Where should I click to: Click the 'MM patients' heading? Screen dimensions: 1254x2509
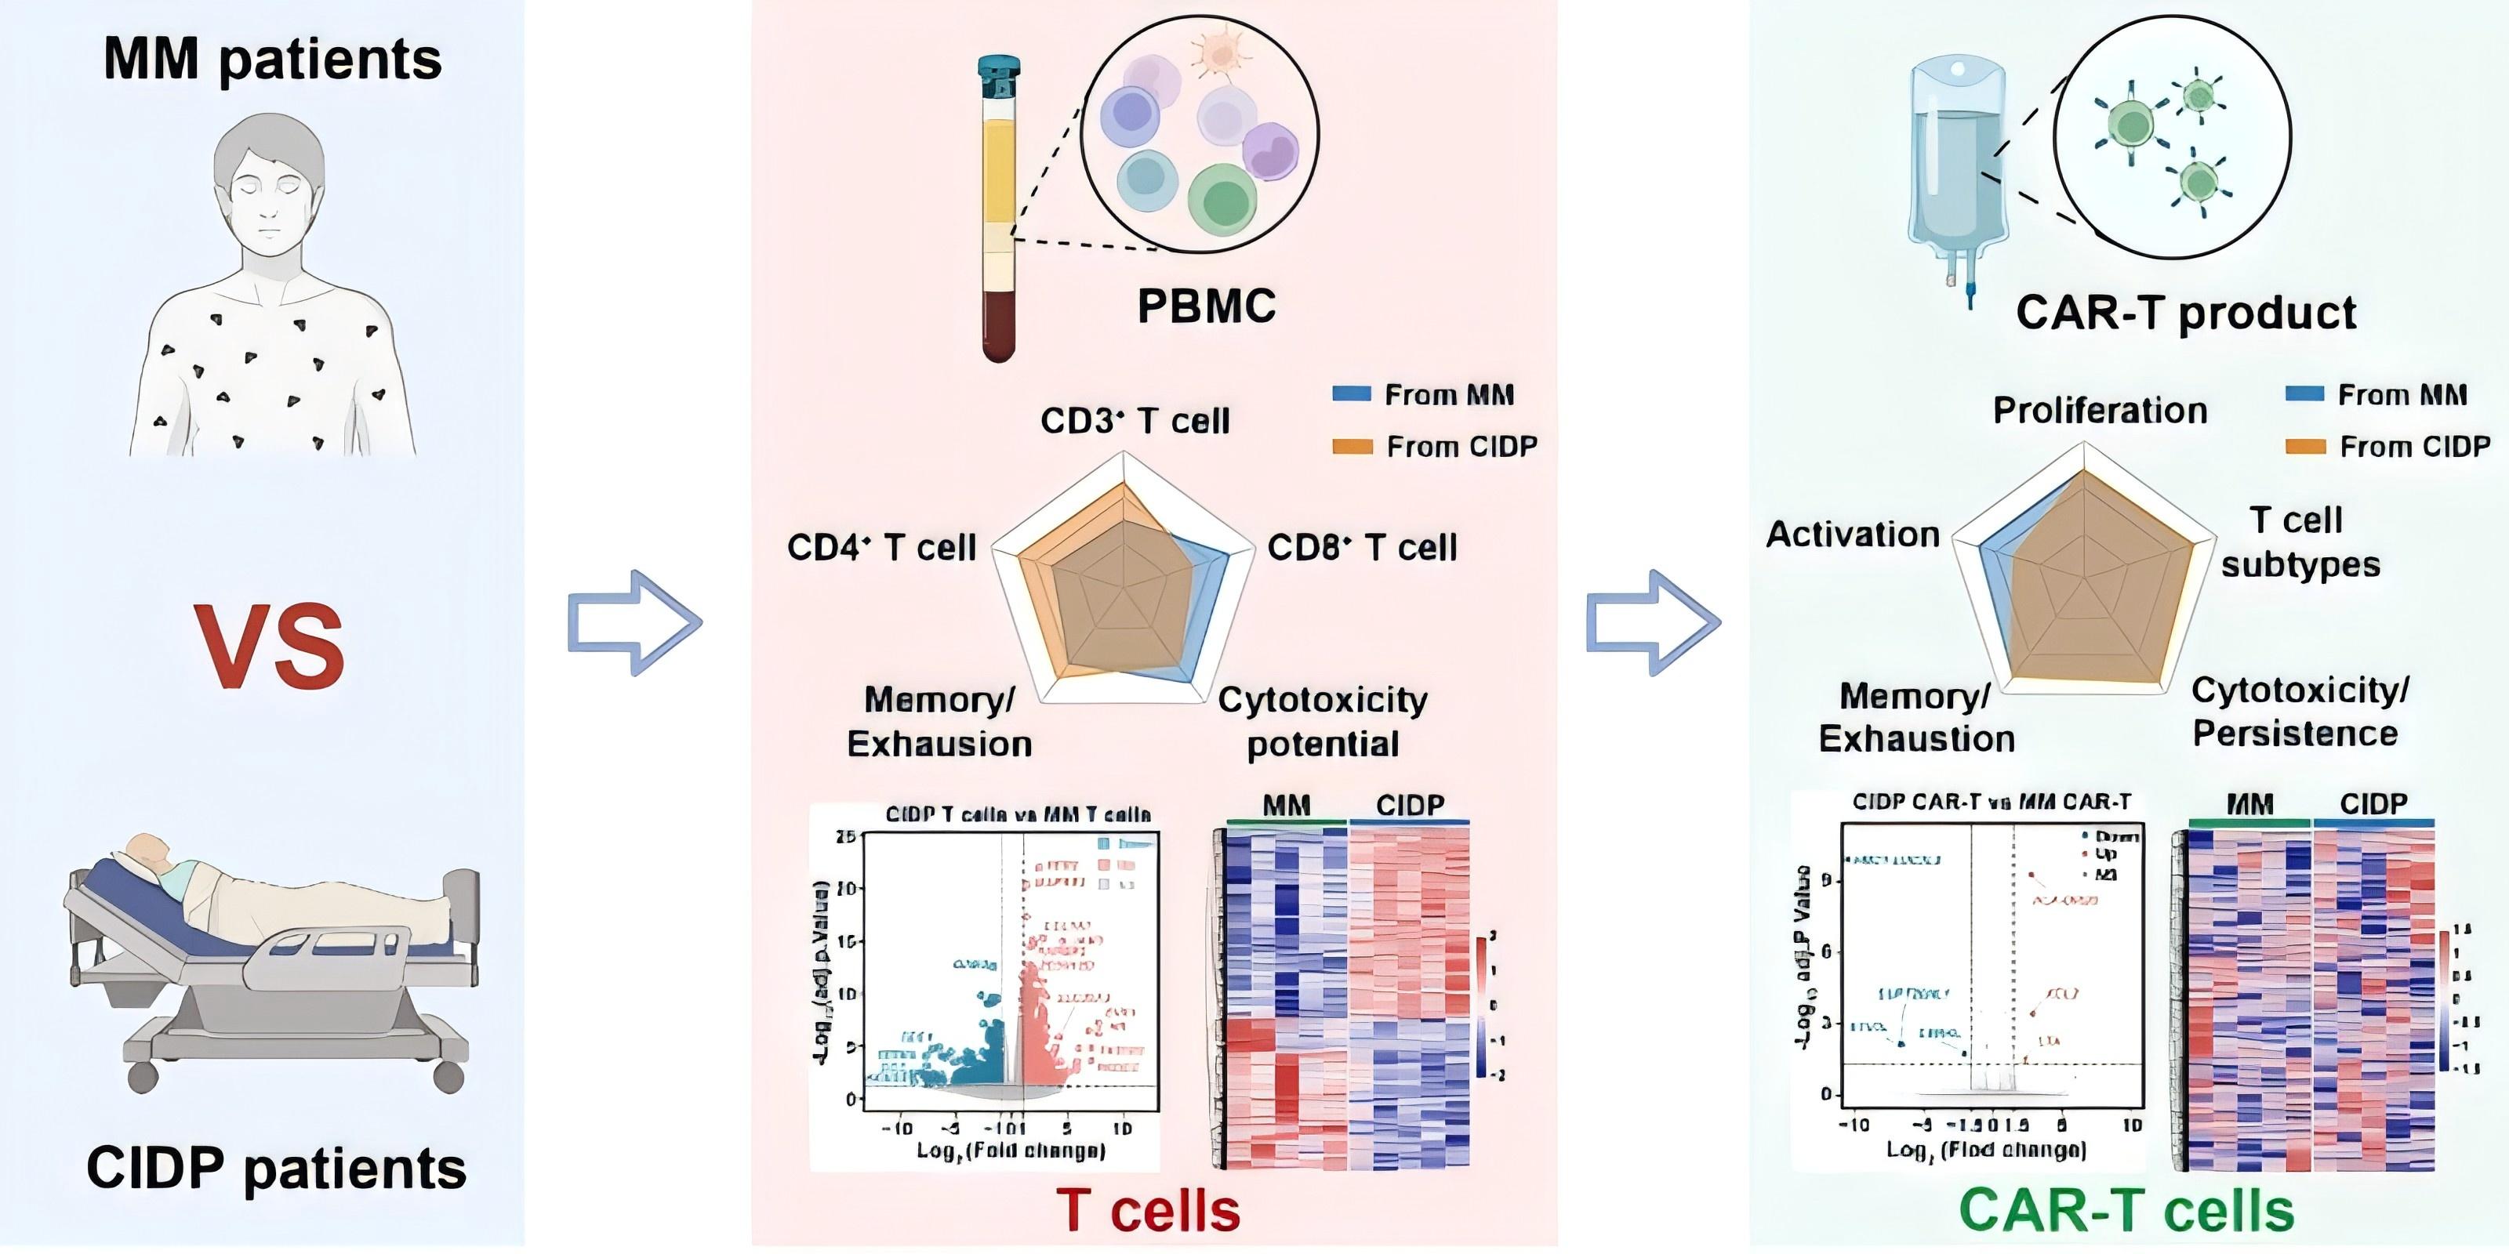pyautogui.click(x=272, y=60)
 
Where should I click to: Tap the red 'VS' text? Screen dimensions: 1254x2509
pyautogui.click(x=269, y=647)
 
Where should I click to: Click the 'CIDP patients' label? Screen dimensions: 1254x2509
pyautogui.click(x=277, y=1169)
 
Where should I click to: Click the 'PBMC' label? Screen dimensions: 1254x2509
pyautogui.click(x=1206, y=306)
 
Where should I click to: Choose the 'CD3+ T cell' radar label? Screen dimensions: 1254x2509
pyautogui.click(x=1135, y=421)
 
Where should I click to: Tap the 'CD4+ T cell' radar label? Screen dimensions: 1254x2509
pyautogui.click(x=881, y=547)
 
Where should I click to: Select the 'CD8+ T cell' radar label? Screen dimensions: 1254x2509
pyautogui.click(x=1362, y=547)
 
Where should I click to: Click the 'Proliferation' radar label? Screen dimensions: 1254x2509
pyautogui.click(x=2100, y=410)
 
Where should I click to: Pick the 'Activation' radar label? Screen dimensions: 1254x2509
pyautogui.click(x=1853, y=535)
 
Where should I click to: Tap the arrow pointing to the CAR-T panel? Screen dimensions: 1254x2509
pyautogui.click(x=1653, y=623)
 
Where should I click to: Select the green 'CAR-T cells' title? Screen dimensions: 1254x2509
pyautogui.click(x=2126, y=1211)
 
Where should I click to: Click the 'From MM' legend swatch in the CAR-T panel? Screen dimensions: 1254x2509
pyautogui.click(x=2304, y=394)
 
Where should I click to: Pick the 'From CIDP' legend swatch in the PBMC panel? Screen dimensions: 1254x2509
pyautogui.click(x=1353, y=447)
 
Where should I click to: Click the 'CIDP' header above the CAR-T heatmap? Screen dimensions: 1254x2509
pyautogui.click(x=2373, y=804)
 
